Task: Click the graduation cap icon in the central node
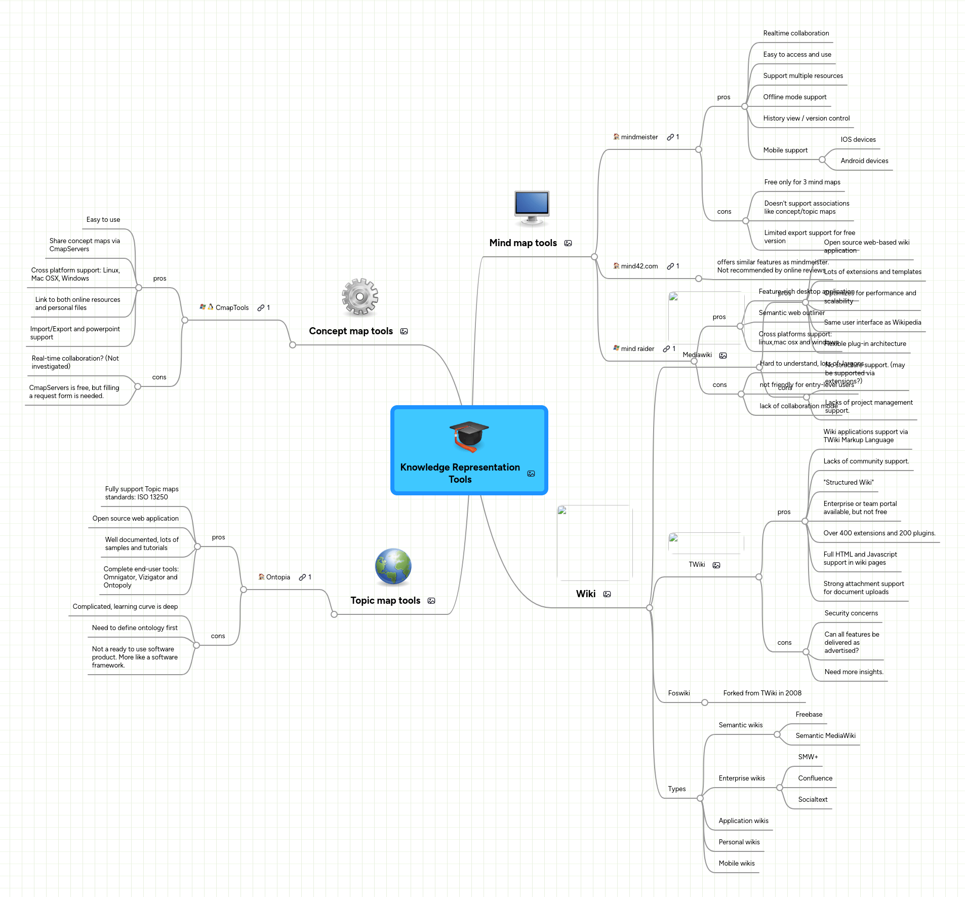click(469, 437)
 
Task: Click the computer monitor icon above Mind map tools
click(532, 207)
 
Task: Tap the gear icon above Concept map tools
click(360, 297)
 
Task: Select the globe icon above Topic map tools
click(393, 566)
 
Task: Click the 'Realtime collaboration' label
click(796, 33)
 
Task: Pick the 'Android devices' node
click(864, 161)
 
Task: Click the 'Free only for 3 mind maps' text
click(802, 182)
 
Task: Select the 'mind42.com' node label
click(639, 266)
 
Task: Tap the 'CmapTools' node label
click(232, 308)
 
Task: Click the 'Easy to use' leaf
click(103, 220)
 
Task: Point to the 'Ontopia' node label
click(278, 577)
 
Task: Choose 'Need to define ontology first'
click(135, 628)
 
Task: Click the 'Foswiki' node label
click(679, 693)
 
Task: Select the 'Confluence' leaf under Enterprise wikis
click(815, 778)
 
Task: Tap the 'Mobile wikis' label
click(737, 864)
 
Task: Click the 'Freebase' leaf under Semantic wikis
click(809, 715)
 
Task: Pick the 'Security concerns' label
click(851, 613)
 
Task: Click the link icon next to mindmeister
click(670, 137)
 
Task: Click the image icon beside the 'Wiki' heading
click(607, 594)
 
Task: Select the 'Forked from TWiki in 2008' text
click(762, 693)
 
